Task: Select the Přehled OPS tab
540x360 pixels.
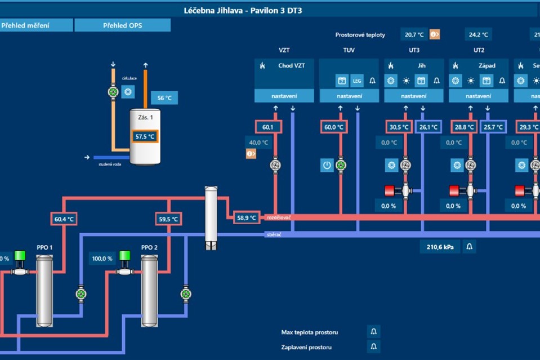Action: (122, 25)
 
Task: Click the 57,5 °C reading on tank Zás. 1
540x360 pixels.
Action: (145, 136)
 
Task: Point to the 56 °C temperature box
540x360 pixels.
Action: (164, 98)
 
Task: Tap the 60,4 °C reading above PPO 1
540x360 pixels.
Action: (64, 219)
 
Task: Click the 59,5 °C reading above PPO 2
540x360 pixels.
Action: (168, 219)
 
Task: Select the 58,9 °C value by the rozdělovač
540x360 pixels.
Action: (246, 217)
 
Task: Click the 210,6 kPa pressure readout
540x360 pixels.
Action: (440, 246)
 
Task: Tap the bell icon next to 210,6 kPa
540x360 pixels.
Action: (470, 246)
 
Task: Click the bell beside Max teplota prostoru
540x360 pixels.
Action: (374, 332)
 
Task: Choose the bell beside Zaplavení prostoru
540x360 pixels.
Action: (374, 346)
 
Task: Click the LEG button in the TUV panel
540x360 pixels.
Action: (357, 81)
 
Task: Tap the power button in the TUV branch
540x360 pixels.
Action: (327, 165)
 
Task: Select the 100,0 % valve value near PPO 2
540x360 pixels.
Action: (101, 259)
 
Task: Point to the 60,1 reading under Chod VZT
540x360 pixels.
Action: (268, 127)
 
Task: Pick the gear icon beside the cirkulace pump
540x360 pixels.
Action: (128, 91)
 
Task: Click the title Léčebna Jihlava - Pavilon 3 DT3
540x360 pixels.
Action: (243, 10)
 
